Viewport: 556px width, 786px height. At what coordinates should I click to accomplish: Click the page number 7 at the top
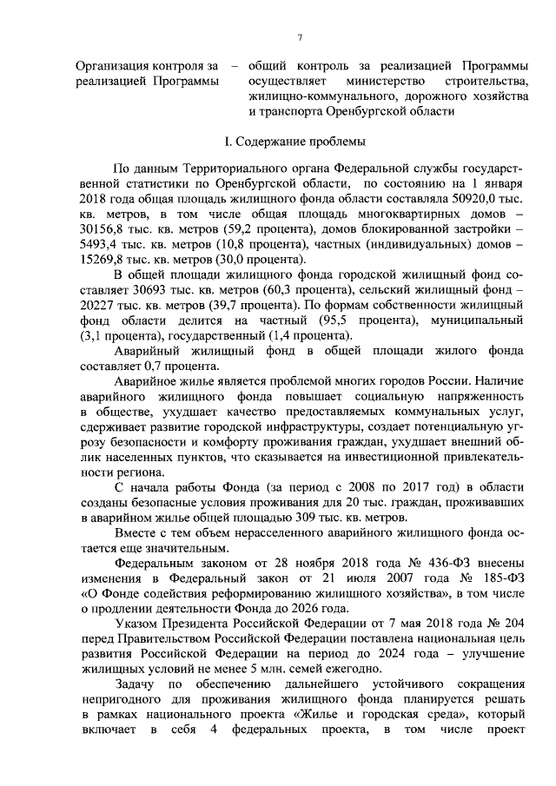pyautogui.click(x=299, y=36)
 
